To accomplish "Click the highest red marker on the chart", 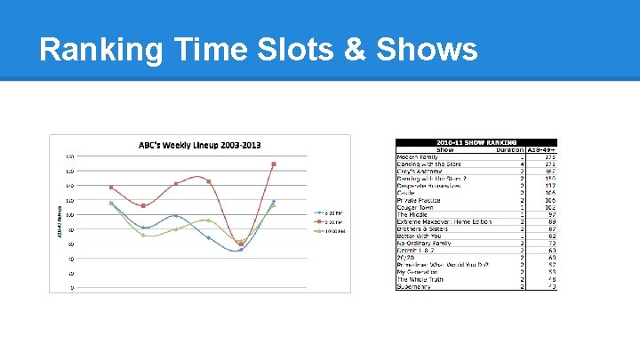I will coord(274,164).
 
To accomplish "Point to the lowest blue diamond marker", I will coord(240,250).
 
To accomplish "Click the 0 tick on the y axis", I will coord(72,288).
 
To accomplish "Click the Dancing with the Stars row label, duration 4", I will coord(429,164).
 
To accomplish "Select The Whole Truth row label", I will coord(420,279).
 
